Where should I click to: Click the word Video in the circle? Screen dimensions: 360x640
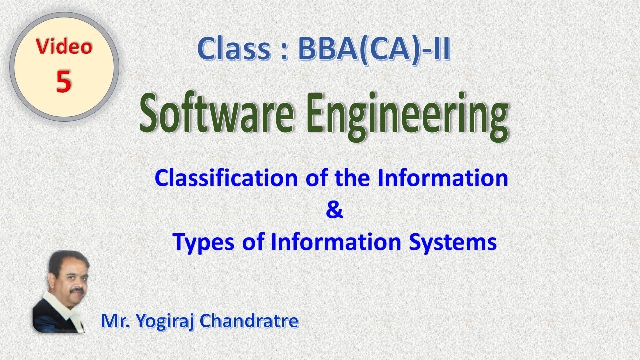pos(64,47)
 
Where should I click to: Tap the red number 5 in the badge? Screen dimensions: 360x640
pos(64,81)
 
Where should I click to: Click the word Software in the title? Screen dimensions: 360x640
pos(216,116)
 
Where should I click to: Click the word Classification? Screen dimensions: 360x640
pos(227,178)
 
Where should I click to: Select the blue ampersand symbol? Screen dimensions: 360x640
pos(334,210)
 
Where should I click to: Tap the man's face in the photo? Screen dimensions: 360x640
pos(68,277)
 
